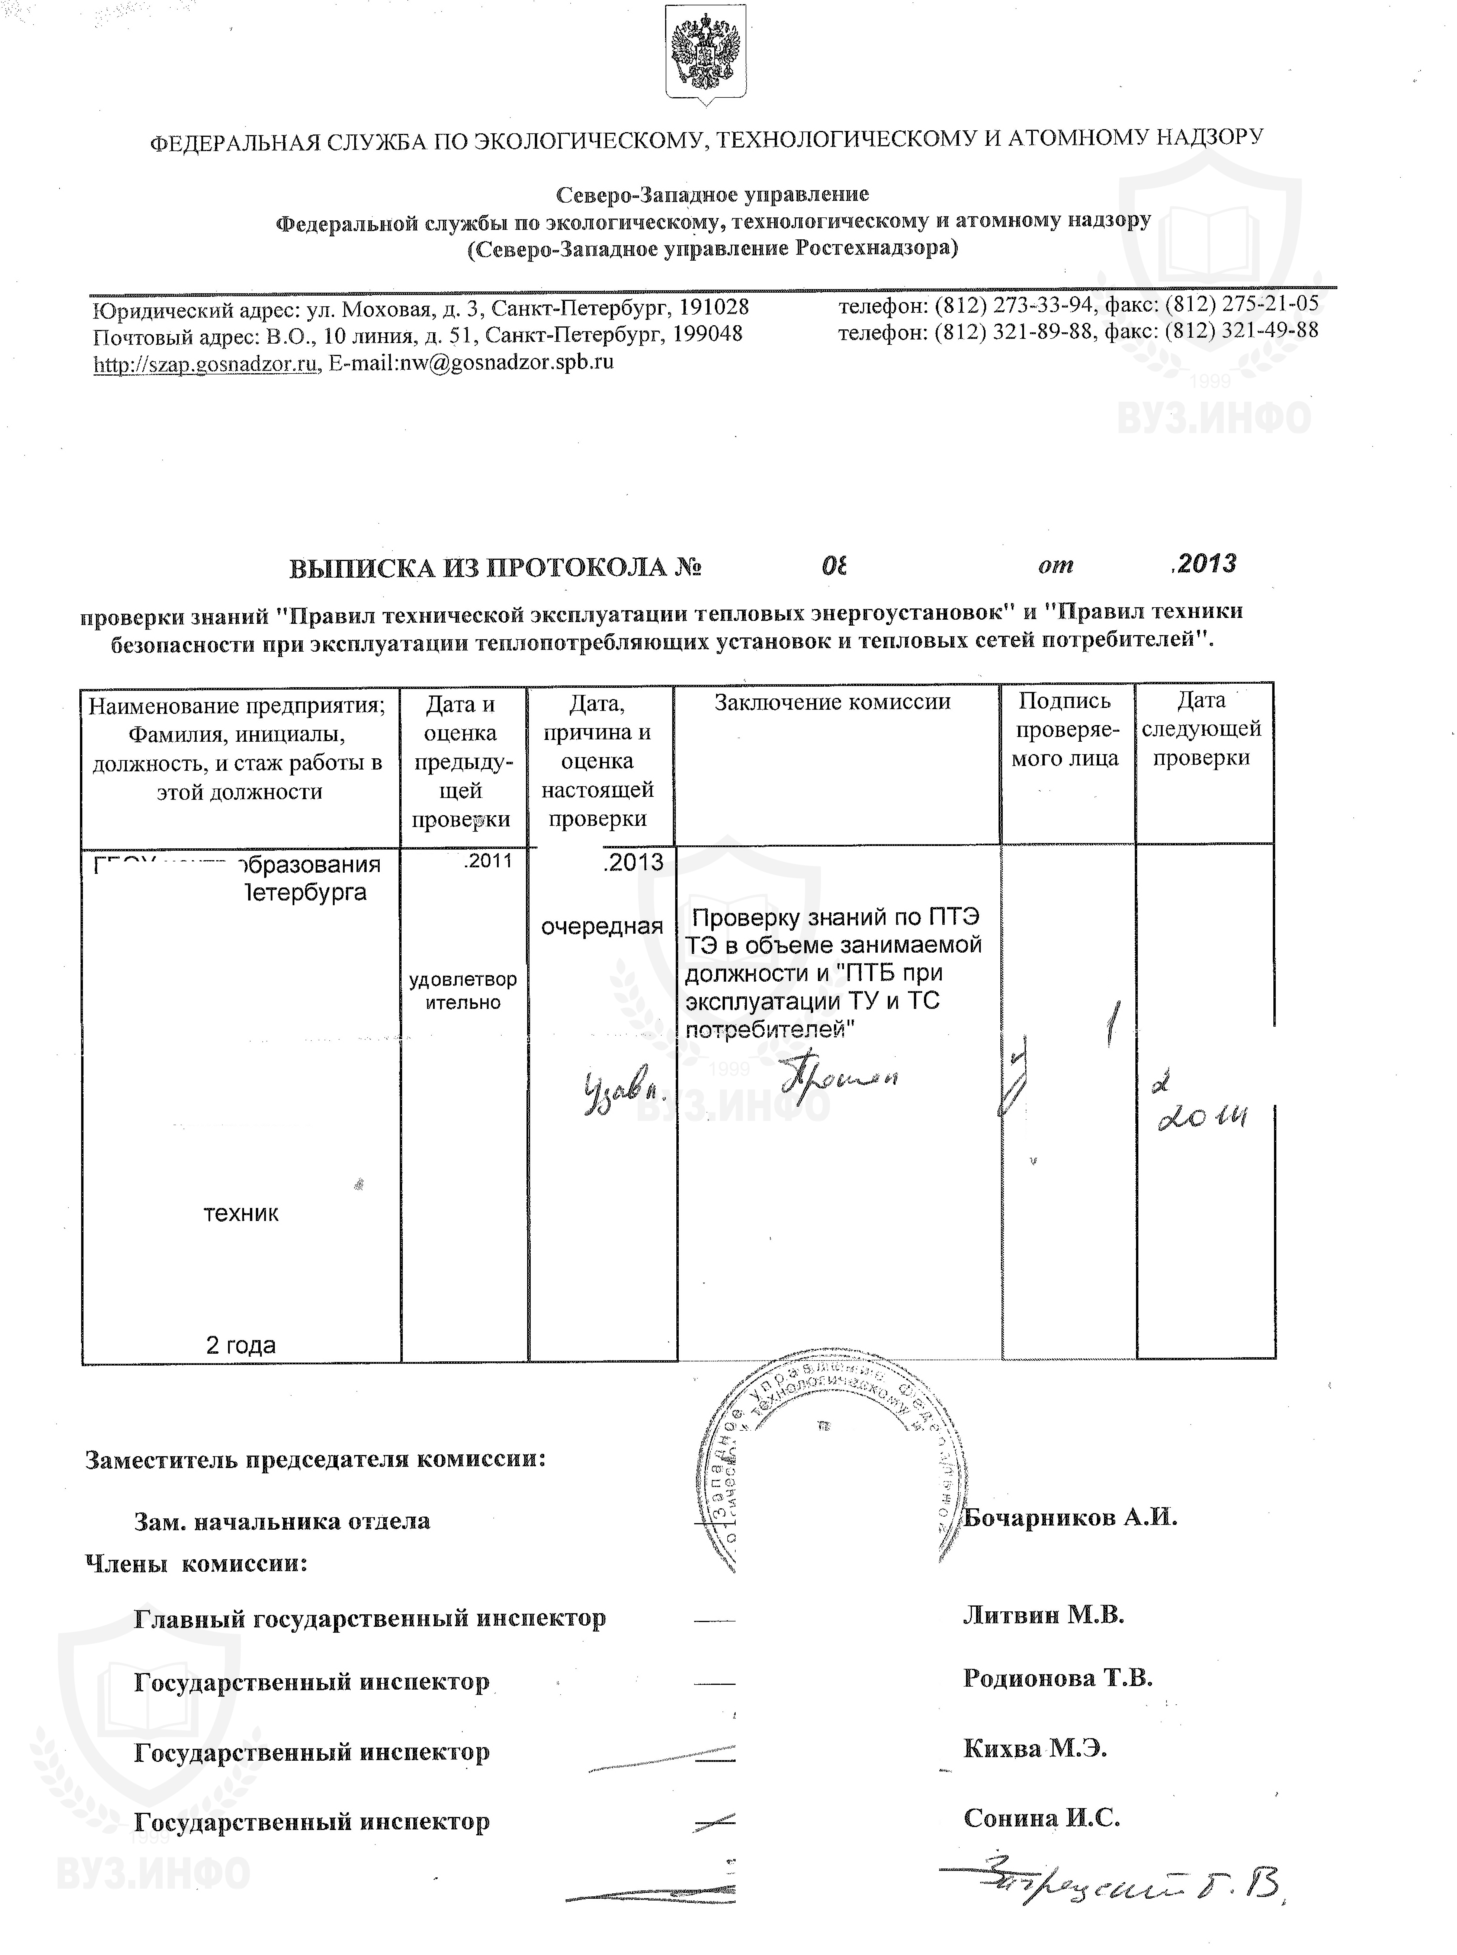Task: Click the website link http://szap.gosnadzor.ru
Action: pyautogui.click(x=206, y=363)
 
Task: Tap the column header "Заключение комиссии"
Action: pyautogui.click(x=832, y=702)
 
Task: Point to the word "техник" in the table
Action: pyautogui.click(x=241, y=1213)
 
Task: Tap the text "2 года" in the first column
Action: pyautogui.click(x=241, y=1345)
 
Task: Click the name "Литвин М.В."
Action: pyautogui.click(x=1043, y=1615)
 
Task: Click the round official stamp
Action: pyautogui.click(x=829, y=1469)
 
